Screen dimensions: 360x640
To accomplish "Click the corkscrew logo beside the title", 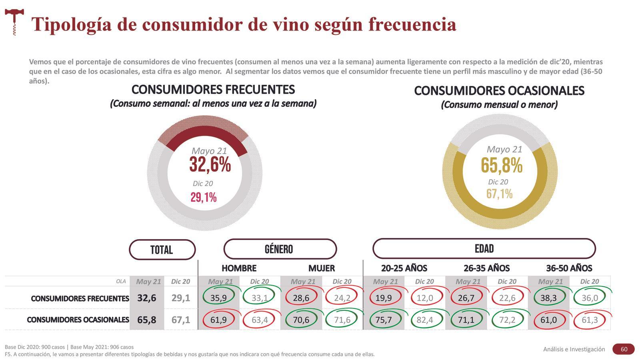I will (x=14, y=22).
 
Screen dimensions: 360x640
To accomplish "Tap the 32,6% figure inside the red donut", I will (x=210, y=164).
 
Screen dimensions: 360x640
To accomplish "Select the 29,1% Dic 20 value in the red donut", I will (x=204, y=197).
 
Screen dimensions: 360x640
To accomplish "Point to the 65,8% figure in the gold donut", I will (x=502, y=165).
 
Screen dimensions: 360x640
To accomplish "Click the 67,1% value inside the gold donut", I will (x=499, y=194).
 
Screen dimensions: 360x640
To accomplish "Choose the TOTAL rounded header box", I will (x=162, y=250).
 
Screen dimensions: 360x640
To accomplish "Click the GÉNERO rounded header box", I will (x=280, y=249).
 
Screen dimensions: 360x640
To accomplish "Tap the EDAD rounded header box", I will (x=484, y=249).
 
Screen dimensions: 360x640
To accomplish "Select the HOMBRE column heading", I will (x=239, y=268).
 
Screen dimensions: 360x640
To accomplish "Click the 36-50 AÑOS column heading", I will (x=569, y=268).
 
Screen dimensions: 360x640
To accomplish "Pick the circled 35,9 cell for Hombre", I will (x=218, y=298).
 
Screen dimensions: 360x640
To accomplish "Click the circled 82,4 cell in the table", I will (x=425, y=320).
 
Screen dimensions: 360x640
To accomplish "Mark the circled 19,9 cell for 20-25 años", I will (x=384, y=298).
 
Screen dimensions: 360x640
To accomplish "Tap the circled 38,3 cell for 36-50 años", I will (x=548, y=298).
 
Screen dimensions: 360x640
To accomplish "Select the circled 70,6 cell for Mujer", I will (x=301, y=320).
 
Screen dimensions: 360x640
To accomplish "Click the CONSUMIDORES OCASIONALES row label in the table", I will (x=78, y=320).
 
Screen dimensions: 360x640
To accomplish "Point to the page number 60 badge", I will (x=624, y=349).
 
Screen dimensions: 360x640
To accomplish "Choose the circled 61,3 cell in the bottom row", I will (x=590, y=320).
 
